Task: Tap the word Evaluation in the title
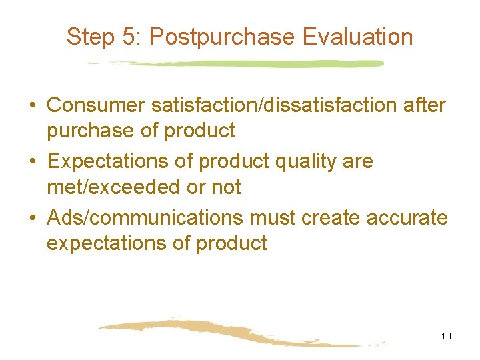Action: [357, 37]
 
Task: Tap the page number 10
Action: [446, 336]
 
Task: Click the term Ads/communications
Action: [145, 217]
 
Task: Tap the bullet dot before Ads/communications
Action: [32, 218]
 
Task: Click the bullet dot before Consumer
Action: [32, 106]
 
